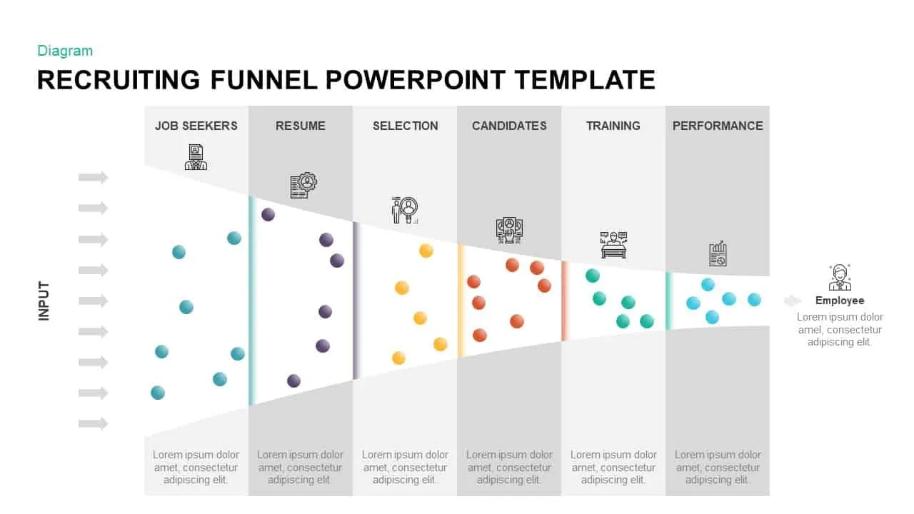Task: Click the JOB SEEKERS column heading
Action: tap(196, 126)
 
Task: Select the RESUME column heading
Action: tap(301, 126)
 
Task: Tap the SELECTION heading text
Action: tap(405, 126)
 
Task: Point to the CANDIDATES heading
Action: tap(509, 126)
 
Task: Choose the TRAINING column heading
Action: tap(613, 126)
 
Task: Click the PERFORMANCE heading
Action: tap(718, 126)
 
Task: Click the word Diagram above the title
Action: tap(65, 51)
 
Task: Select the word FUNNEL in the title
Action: tap(263, 80)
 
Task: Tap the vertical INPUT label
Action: tap(44, 301)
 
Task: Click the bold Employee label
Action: tap(840, 301)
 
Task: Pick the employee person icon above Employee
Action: tap(840, 277)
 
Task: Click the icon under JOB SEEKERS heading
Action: tap(196, 157)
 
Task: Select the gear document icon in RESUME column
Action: tap(303, 185)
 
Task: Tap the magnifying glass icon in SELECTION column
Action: tap(405, 210)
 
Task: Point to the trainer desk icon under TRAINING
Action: tap(613, 244)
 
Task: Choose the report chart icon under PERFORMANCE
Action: tap(718, 253)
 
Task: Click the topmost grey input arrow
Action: tap(94, 178)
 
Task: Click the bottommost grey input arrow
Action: tap(94, 424)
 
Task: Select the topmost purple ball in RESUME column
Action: tap(268, 214)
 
